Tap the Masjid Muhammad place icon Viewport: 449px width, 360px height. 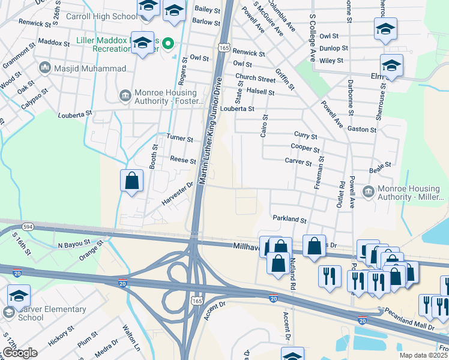coord(44,68)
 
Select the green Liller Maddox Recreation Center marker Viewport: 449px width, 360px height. coord(169,43)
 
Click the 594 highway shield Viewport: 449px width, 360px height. coord(28,227)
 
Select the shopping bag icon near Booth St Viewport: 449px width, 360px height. coord(132,180)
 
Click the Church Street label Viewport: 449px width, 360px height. coord(255,78)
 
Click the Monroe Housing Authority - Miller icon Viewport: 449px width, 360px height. coord(369,192)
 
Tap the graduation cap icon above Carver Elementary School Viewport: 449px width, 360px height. coord(19,296)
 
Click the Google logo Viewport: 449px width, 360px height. coord(19,353)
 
